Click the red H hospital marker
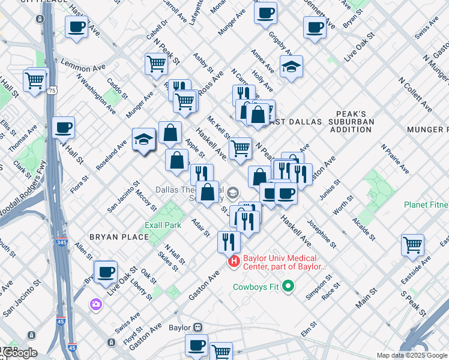(x=234, y=262)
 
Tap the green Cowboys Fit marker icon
(x=288, y=286)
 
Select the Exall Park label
(x=163, y=226)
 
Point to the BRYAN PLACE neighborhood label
(x=119, y=237)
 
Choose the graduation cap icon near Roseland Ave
(x=144, y=140)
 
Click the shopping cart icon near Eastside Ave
(x=413, y=244)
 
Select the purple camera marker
(x=96, y=304)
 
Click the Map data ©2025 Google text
(x=412, y=355)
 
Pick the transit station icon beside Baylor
(x=196, y=328)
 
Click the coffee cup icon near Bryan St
(x=314, y=27)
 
